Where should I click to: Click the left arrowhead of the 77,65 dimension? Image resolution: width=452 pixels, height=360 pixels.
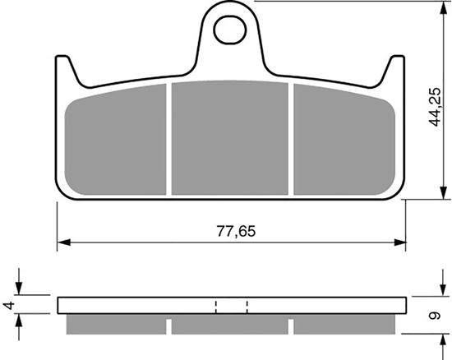tap(62, 242)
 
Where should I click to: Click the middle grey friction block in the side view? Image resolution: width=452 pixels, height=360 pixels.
tap(230, 325)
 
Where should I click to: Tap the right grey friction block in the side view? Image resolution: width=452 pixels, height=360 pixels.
tap(347, 325)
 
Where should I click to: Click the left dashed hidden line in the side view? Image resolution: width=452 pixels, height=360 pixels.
tap(215, 306)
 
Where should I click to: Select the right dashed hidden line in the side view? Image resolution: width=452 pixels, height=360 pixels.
tap(247, 306)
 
